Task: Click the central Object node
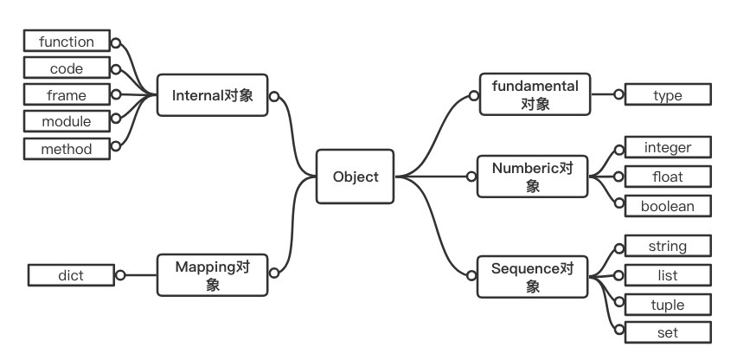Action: [x=356, y=177]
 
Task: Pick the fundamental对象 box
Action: [x=534, y=95]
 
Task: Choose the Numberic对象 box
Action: [x=533, y=176]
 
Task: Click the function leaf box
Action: [x=67, y=41]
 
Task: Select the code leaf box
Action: [x=67, y=67]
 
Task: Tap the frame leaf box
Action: [x=67, y=94]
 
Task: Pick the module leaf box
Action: [x=67, y=121]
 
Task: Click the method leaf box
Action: [x=67, y=148]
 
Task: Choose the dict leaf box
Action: [x=71, y=275]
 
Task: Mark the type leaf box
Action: [x=667, y=95]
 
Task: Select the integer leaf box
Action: [x=667, y=148]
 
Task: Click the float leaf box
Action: [x=667, y=177]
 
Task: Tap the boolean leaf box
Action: [x=667, y=205]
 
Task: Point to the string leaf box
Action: [x=667, y=247]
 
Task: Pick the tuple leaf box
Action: [x=667, y=305]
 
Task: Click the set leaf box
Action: [x=667, y=332]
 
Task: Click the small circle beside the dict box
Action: [x=120, y=275]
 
